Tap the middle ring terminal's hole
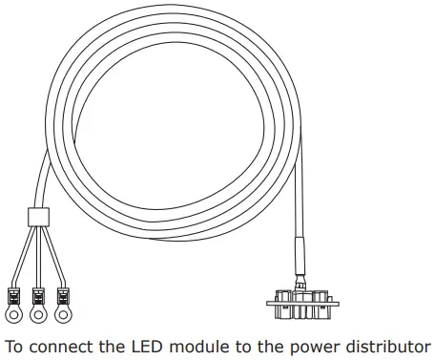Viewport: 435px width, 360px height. (39, 312)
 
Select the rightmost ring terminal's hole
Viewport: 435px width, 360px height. (64, 312)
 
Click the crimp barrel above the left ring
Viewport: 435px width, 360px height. (15, 295)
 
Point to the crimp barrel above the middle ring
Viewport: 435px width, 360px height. (39, 295)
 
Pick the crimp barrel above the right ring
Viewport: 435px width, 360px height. (63, 295)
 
